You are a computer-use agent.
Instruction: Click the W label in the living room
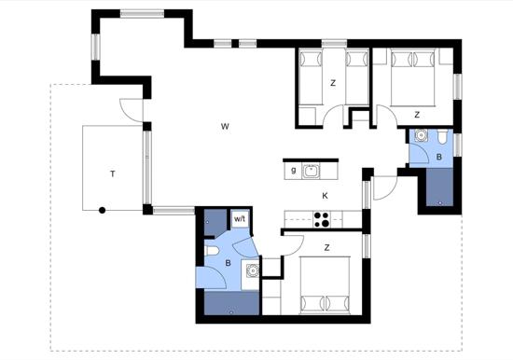point(225,126)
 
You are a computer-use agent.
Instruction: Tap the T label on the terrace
point(113,173)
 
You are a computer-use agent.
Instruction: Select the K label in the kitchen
point(325,196)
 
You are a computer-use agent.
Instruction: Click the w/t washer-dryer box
point(240,219)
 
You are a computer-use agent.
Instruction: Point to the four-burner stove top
point(321,219)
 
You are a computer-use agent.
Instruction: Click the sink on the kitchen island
point(311,172)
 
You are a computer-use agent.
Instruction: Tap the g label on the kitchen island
point(294,170)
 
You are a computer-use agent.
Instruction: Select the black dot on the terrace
point(102,211)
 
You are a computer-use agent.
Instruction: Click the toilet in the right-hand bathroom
point(442,136)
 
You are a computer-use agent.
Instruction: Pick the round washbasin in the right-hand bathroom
point(421,135)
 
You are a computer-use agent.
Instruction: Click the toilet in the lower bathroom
point(212,251)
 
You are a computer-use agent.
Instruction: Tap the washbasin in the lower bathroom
point(252,271)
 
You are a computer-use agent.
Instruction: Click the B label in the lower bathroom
point(228,263)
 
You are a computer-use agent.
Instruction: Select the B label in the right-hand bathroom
point(439,157)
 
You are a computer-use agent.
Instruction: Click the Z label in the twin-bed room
point(333,83)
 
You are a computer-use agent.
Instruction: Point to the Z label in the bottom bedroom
point(326,248)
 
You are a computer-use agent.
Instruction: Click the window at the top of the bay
point(142,13)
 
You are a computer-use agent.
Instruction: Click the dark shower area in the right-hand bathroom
point(439,187)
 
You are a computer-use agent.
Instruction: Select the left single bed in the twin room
point(311,77)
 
